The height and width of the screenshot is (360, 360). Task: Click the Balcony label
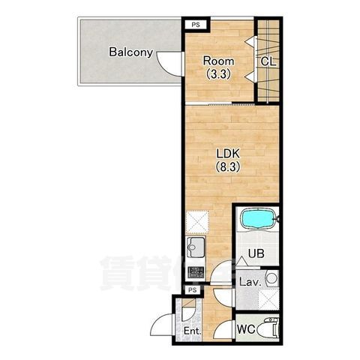pyautogui.click(x=130, y=52)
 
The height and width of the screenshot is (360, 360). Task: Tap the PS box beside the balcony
pyautogui.click(x=196, y=25)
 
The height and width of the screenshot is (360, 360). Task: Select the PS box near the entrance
pyautogui.click(x=193, y=290)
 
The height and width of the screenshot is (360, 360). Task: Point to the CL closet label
pyautogui.click(x=268, y=61)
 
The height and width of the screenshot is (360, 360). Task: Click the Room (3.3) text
pyautogui.click(x=218, y=67)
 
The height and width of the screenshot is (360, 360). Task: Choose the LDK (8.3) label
pyautogui.click(x=228, y=160)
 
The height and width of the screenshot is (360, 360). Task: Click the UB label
pyautogui.click(x=256, y=253)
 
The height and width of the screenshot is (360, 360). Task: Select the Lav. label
pyautogui.click(x=250, y=282)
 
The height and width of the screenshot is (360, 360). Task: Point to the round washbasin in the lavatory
pyautogui.click(x=271, y=277)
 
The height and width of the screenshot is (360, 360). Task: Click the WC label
pyautogui.click(x=246, y=329)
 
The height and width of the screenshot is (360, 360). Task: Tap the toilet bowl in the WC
pyautogui.click(x=267, y=328)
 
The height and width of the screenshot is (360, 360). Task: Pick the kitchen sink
pyautogui.click(x=196, y=247)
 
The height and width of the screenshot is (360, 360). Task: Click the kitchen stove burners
pyautogui.click(x=196, y=272)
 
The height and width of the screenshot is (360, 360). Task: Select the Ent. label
pyautogui.click(x=192, y=331)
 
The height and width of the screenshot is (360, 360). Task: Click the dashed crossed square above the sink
pyautogui.click(x=197, y=222)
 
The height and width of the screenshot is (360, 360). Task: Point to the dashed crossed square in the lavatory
pyautogui.click(x=268, y=298)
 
